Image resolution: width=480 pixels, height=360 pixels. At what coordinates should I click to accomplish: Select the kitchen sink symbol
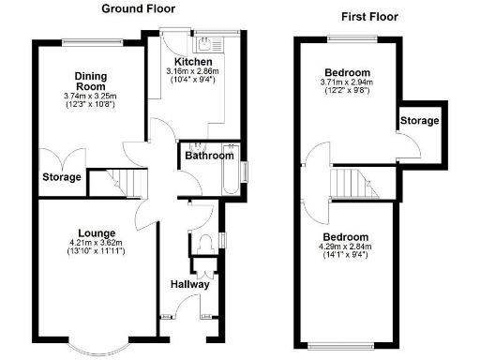204,41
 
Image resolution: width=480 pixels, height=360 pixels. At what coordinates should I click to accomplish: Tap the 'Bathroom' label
208,156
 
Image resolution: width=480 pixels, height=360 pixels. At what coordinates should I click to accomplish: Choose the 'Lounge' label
97,232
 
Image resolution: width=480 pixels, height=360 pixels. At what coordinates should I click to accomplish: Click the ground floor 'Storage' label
61,177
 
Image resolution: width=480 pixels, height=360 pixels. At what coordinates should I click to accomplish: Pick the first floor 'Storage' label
418,121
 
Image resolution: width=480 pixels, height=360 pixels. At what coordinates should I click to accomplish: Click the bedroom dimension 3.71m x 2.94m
347,84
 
